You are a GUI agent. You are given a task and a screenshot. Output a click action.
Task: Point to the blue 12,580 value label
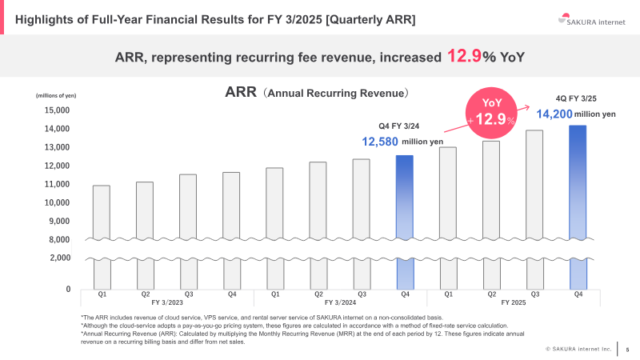click(x=380, y=142)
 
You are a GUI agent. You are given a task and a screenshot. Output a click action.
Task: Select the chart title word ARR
click(x=242, y=93)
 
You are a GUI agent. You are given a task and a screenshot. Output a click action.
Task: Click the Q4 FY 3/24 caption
click(x=399, y=126)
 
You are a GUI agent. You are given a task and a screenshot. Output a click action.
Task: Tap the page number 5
click(x=627, y=349)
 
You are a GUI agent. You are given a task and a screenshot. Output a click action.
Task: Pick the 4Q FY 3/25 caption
click(x=577, y=98)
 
